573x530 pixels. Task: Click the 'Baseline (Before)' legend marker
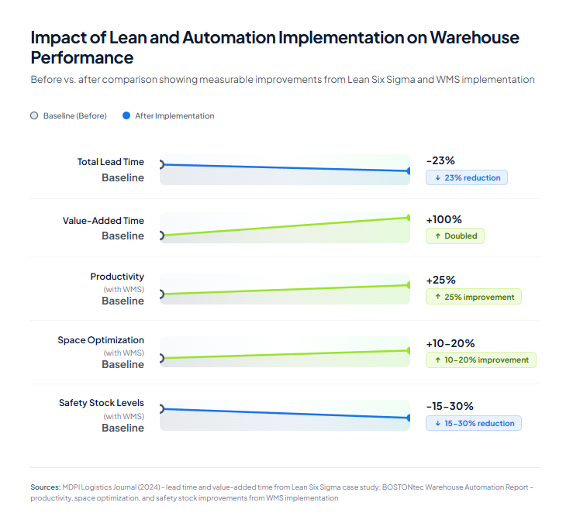click(x=33, y=115)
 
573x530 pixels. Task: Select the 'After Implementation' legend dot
click(x=126, y=115)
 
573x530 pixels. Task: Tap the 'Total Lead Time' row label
click(x=110, y=162)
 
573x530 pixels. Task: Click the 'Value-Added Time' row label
click(x=103, y=221)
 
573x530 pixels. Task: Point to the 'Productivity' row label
click(x=117, y=277)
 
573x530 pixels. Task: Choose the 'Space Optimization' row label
click(x=101, y=340)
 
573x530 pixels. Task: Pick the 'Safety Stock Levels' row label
click(x=102, y=403)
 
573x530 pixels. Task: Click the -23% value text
click(x=440, y=161)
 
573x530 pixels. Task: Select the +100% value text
click(x=444, y=220)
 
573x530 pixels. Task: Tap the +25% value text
click(x=440, y=280)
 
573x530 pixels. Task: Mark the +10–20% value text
click(x=450, y=343)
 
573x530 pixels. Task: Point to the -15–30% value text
click(x=450, y=406)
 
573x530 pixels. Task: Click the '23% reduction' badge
click(x=467, y=177)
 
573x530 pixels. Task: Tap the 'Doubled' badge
click(x=455, y=236)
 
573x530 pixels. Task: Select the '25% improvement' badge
click(x=474, y=297)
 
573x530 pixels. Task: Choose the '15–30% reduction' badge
click(x=474, y=423)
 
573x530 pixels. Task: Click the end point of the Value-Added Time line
click(x=409, y=218)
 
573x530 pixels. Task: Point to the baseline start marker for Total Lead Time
click(x=161, y=164)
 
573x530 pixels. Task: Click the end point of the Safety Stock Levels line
click(x=409, y=418)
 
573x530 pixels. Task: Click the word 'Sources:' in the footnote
click(x=45, y=487)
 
